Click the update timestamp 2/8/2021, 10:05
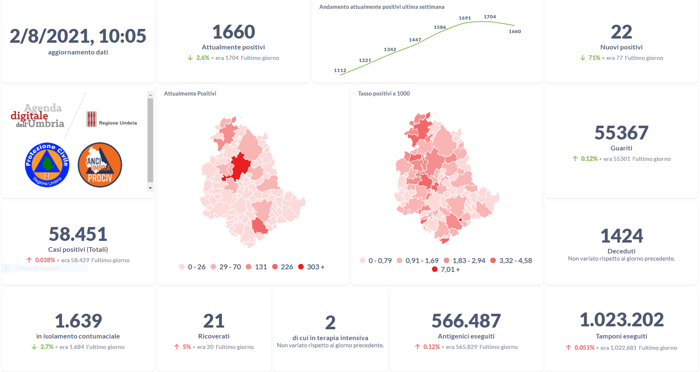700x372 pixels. pyautogui.click(x=78, y=36)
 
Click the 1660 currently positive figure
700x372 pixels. pyautogui.click(x=234, y=32)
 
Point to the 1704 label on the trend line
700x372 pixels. pyautogui.click(x=490, y=17)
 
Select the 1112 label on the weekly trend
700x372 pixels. pyautogui.click(x=340, y=70)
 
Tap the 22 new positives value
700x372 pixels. pyautogui.click(x=621, y=32)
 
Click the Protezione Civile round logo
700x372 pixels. pyautogui.click(x=47, y=165)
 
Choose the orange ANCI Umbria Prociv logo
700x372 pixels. pyautogui.click(x=100, y=165)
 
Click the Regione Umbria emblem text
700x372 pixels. pyautogui.click(x=117, y=123)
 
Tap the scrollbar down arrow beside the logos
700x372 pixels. pyautogui.click(x=150, y=188)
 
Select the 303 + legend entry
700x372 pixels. pyautogui.click(x=312, y=267)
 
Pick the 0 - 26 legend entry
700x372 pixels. pyautogui.click(x=193, y=267)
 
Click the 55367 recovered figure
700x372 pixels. pyautogui.click(x=621, y=133)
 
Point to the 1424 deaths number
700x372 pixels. pyautogui.click(x=622, y=236)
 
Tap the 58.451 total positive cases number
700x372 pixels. pyautogui.click(x=78, y=234)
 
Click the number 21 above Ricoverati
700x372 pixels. pyautogui.click(x=214, y=321)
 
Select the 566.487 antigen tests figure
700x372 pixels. pyautogui.click(x=466, y=321)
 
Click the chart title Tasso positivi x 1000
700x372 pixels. pyautogui.click(x=384, y=93)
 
